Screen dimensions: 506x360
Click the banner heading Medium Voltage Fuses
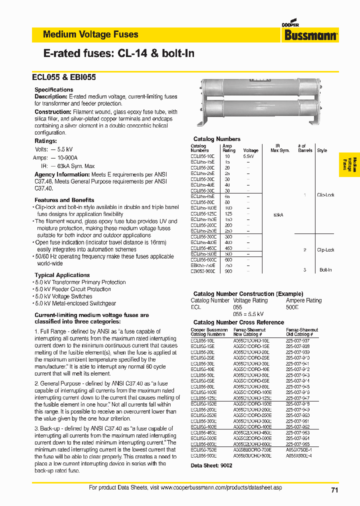[x=90, y=34]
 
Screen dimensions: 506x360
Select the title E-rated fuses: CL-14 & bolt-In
[x=119, y=53]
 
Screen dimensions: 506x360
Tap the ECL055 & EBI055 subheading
[x=64, y=77]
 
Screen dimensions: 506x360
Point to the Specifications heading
[x=53, y=90]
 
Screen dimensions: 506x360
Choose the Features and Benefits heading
[x=64, y=200]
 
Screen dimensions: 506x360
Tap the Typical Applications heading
[x=62, y=275]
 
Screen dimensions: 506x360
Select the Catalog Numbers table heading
[x=216, y=139]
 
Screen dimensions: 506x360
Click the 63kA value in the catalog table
[x=278, y=214]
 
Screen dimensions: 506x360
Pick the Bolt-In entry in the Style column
[x=325, y=269]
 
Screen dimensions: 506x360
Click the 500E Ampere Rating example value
[x=292, y=307]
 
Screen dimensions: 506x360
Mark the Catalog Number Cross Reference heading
[x=238, y=322]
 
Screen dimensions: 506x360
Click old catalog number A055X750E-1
[x=298, y=449]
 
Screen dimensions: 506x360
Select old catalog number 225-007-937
[x=297, y=340]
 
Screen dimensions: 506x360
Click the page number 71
[x=334, y=490]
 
